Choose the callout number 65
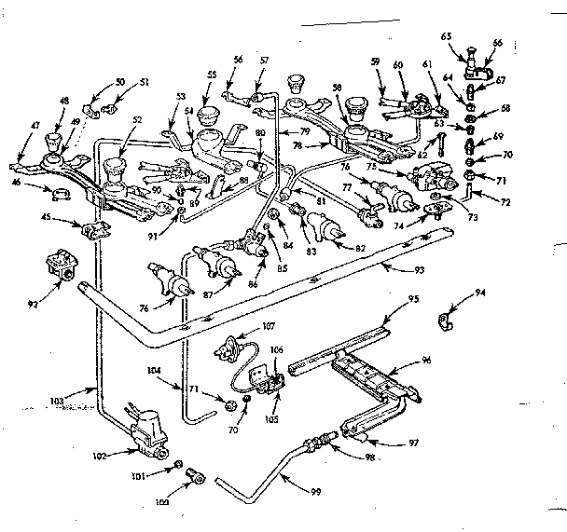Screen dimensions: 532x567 click(446, 36)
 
